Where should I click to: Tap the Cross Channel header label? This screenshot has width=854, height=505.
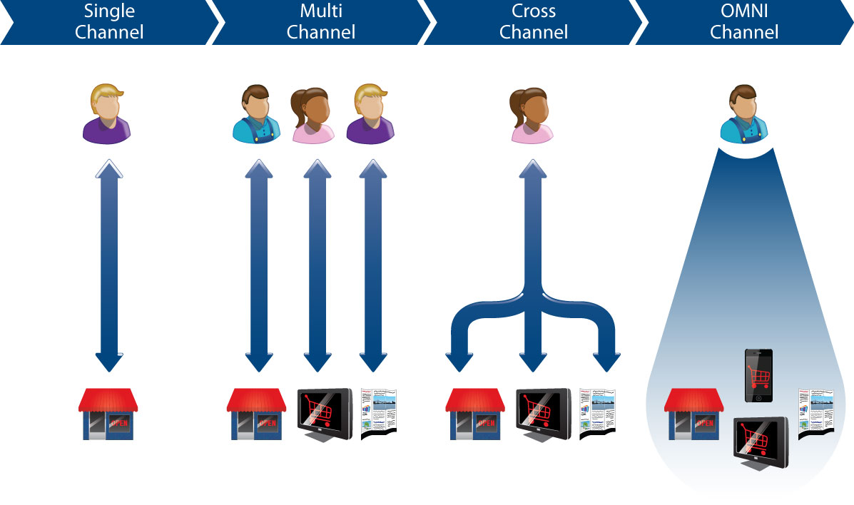pyautogui.click(x=534, y=21)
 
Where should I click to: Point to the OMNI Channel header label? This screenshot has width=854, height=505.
pyautogui.click(x=744, y=21)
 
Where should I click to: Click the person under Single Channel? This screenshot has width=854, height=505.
pyautogui.click(x=107, y=115)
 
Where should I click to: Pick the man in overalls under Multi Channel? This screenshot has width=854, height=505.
pyautogui.click(x=256, y=113)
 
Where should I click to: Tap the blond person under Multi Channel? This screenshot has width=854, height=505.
pyautogui.click(x=370, y=115)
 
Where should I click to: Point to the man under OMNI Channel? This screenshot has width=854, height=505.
pyautogui.click(x=743, y=115)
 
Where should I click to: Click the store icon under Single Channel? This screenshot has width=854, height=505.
pyautogui.click(x=107, y=413)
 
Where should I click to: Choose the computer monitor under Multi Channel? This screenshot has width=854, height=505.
pyautogui.click(x=324, y=413)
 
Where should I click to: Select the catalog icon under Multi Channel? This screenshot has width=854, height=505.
pyautogui.click(x=378, y=413)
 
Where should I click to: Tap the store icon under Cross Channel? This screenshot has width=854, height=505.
pyautogui.click(x=474, y=413)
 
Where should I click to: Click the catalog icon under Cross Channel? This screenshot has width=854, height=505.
pyautogui.click(x=597, y=413)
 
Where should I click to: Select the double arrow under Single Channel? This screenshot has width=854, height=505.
pyautogui.click(x=108, y=267)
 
